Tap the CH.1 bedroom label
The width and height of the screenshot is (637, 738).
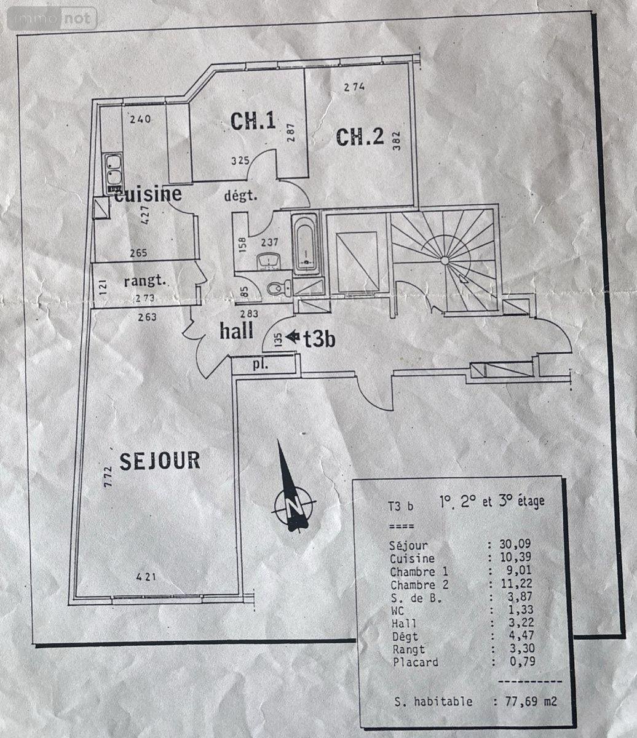point(253,121)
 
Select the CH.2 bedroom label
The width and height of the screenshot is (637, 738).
point(360,137)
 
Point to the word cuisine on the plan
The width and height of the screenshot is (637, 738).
point(149,194)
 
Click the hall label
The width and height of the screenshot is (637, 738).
point(237,331)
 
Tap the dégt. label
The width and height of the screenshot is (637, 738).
point(240,197)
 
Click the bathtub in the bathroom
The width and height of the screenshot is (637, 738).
point(305,244)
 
